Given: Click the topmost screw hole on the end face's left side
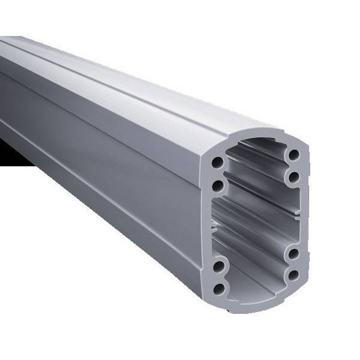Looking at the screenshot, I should tap(218, 162).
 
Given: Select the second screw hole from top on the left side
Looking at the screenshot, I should tap(217, 186).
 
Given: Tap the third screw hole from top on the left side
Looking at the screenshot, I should tap(219, 265).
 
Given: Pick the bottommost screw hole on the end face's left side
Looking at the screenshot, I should tap(218, 289).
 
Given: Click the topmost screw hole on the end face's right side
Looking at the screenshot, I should tap(293, 155).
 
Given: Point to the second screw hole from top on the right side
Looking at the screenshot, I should tap(293, 177).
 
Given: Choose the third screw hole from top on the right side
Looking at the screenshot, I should tap(293, 253).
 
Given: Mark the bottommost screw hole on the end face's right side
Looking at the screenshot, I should tap(293, 275).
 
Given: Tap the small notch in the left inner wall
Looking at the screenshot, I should tap(214, 226).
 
